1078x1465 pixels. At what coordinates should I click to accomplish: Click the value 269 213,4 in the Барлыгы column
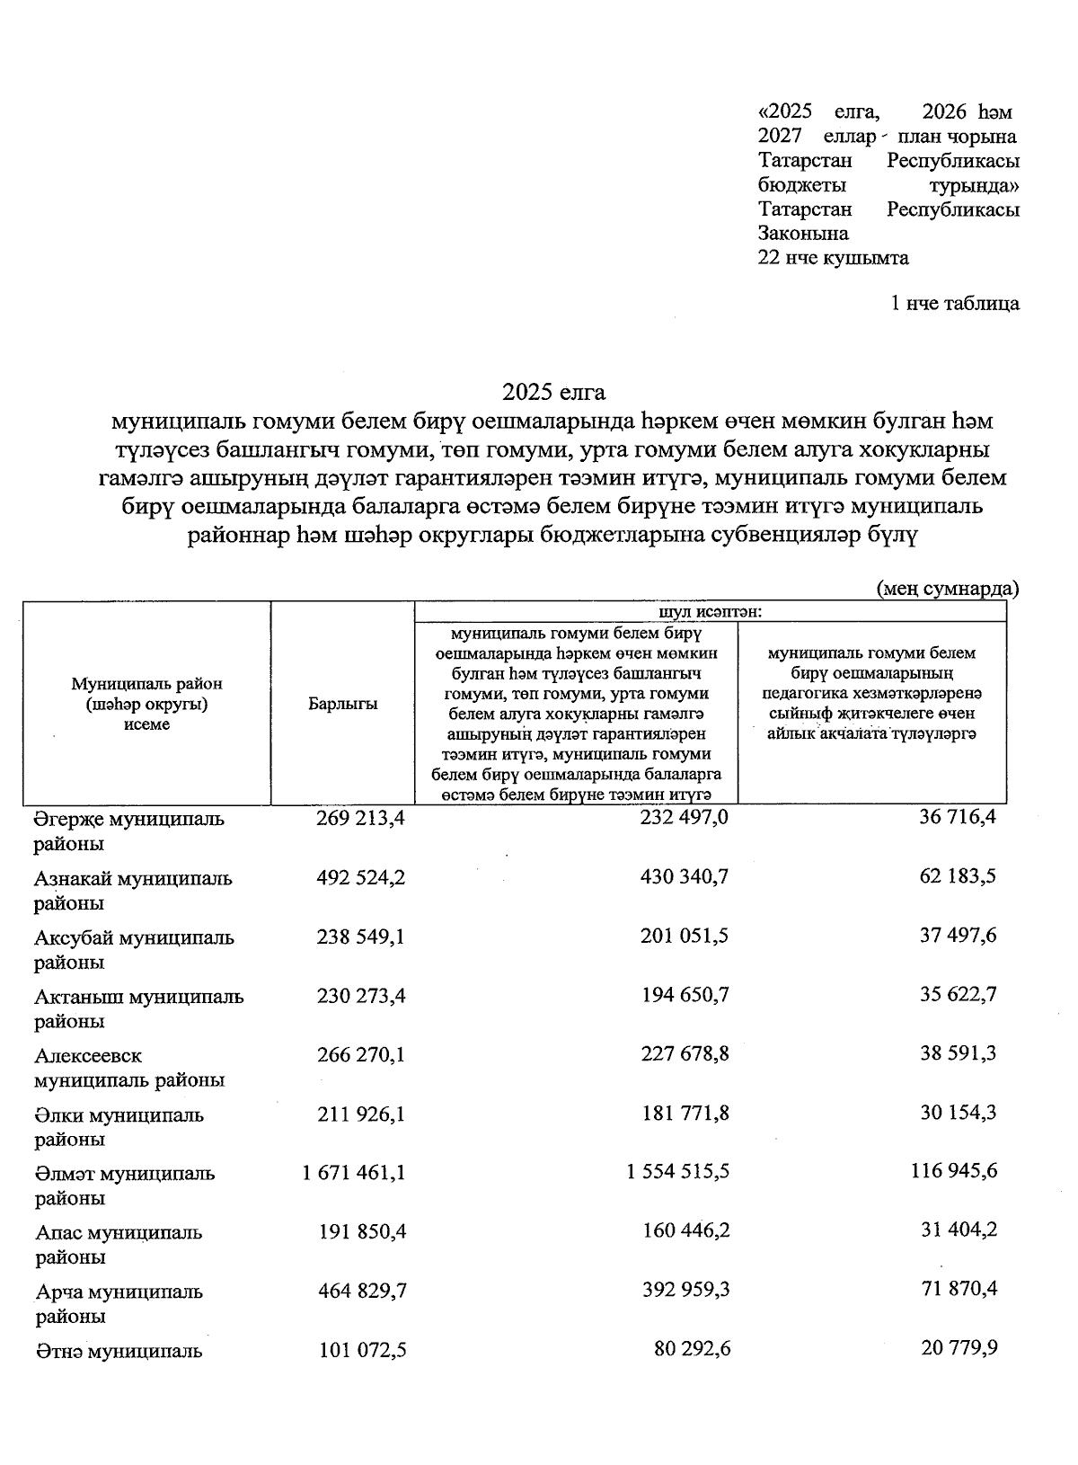coord(361,819)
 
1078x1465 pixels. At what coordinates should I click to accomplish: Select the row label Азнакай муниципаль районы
coord(133,890)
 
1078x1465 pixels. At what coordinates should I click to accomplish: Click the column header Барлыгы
coord(342,704)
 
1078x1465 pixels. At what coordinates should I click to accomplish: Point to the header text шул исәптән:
coord(711,611)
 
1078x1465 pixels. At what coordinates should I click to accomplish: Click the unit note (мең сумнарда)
coord(947,589)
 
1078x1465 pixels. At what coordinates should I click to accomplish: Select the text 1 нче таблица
coord(954,303)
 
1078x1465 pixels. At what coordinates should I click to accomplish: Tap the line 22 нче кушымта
coord(833,258)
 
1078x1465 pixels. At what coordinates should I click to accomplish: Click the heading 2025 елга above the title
coord(554,392)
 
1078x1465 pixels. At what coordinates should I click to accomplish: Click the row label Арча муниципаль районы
coord(119,1303)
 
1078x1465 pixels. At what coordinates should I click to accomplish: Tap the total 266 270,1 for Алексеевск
coord(361,1053)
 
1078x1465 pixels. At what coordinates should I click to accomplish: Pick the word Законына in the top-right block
coord(803,234)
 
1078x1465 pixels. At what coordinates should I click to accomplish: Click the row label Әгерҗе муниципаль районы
coord(129,830)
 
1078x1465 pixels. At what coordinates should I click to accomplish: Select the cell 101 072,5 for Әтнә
coord(362,1350)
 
